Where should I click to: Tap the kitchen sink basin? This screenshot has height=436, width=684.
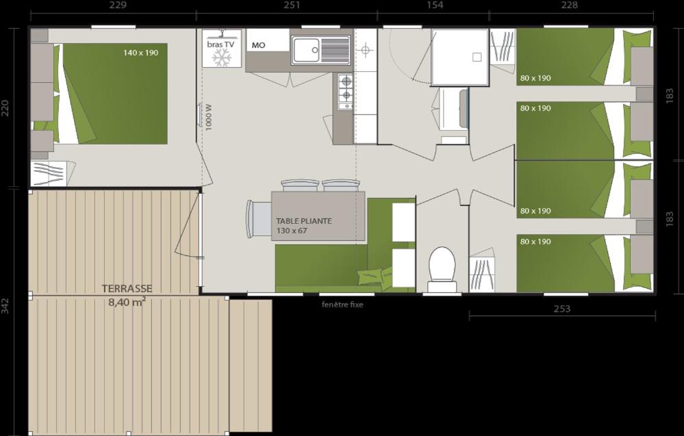[x=306, y=50]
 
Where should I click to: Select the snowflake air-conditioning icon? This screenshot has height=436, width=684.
[x=220, y=58]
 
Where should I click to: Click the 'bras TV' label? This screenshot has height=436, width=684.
[x=220, y=44]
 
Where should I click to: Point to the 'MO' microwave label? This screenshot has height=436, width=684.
[x=258, y=46]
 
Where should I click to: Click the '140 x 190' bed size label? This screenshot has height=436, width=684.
[x=141, y=53]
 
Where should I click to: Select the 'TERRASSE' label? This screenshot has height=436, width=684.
[x=127, y=289]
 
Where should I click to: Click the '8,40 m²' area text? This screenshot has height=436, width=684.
[x=127, y=302]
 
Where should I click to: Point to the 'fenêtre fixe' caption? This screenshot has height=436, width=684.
[x=342, y=305]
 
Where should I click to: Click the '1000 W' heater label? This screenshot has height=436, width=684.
[x=209, y=117]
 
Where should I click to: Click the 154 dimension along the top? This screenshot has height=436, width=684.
[x=435, y=5]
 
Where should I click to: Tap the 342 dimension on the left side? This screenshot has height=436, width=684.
[x=5, y=305]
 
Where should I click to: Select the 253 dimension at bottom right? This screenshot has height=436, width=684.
[x=561, y=309]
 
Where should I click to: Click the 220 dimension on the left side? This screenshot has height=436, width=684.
[x=5, y=108]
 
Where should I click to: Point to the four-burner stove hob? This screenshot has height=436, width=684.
[x=345, y=92]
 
